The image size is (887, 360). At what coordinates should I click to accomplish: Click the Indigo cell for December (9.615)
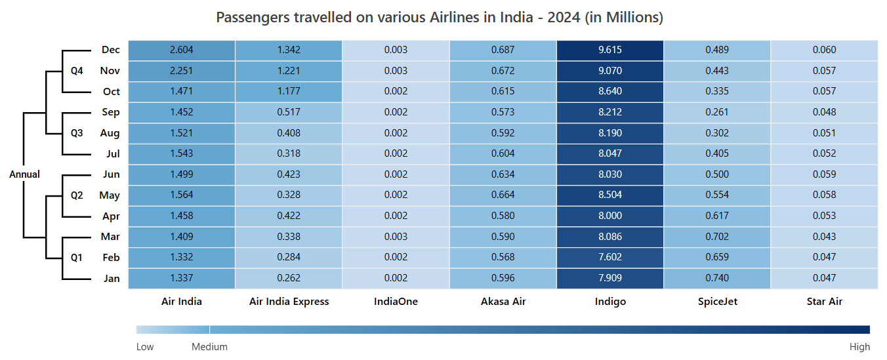pos(609,50)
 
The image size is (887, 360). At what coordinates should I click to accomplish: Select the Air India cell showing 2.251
pos(181,71)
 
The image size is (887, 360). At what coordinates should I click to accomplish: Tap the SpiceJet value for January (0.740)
pos(717,278)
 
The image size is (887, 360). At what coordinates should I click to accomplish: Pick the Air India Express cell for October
pos(289,91)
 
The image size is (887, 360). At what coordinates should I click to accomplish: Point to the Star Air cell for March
pos(824,237)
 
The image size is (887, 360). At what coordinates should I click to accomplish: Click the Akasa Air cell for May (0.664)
pos(503,195)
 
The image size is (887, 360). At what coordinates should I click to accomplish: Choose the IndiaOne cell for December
pos(396,50)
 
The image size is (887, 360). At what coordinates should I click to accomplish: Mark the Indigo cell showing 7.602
pos(609,257)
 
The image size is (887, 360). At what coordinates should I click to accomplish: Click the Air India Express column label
pos(289,302)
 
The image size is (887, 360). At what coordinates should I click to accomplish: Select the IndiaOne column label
pos(396,302)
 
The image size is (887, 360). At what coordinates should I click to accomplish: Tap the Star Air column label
pos(824,302)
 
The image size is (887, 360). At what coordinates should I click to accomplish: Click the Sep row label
pos(111,112)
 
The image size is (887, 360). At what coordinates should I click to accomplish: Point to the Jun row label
pos(111,174)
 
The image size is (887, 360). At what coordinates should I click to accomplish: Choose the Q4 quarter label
pos(77,71)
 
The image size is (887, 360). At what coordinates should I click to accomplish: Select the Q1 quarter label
pos(77,258)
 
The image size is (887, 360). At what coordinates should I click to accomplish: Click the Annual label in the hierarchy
pos(24,174)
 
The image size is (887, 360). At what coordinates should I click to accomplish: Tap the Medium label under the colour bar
pos(209,347)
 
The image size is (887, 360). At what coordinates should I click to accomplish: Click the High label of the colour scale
pos(859,347)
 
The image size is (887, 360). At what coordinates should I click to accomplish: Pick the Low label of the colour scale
pos(145,347)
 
